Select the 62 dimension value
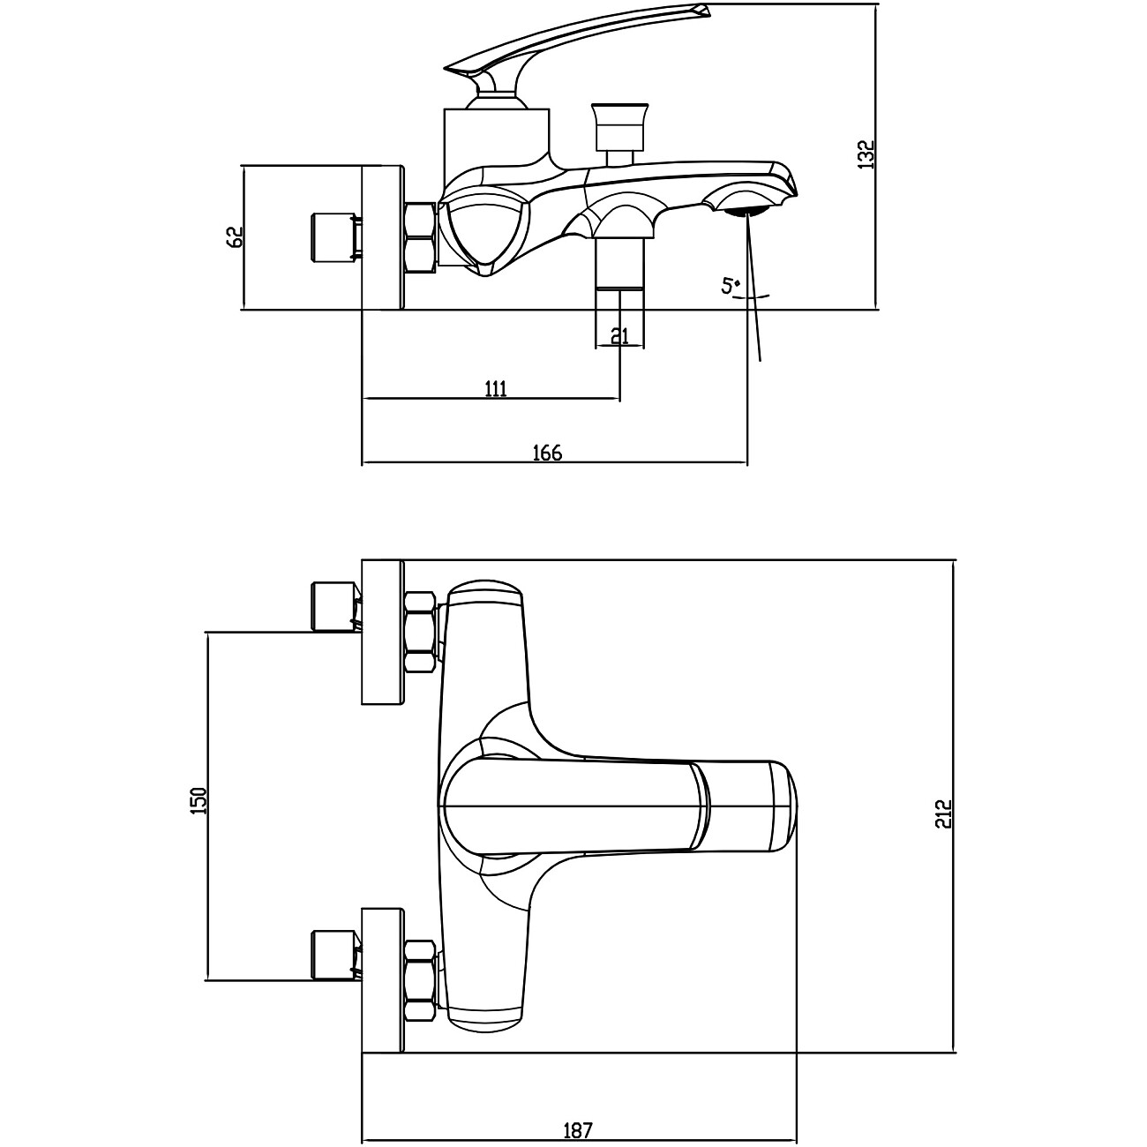(x=235, y=236)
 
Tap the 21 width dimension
(x=619, y=335)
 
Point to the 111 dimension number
(x=496, y=389)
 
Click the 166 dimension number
(x=547, y=453)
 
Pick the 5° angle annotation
(x=731, y=286)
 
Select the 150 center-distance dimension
(x=199, y=800)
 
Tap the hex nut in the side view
(x=420, y=236)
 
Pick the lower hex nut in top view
(x=420, y=979)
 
